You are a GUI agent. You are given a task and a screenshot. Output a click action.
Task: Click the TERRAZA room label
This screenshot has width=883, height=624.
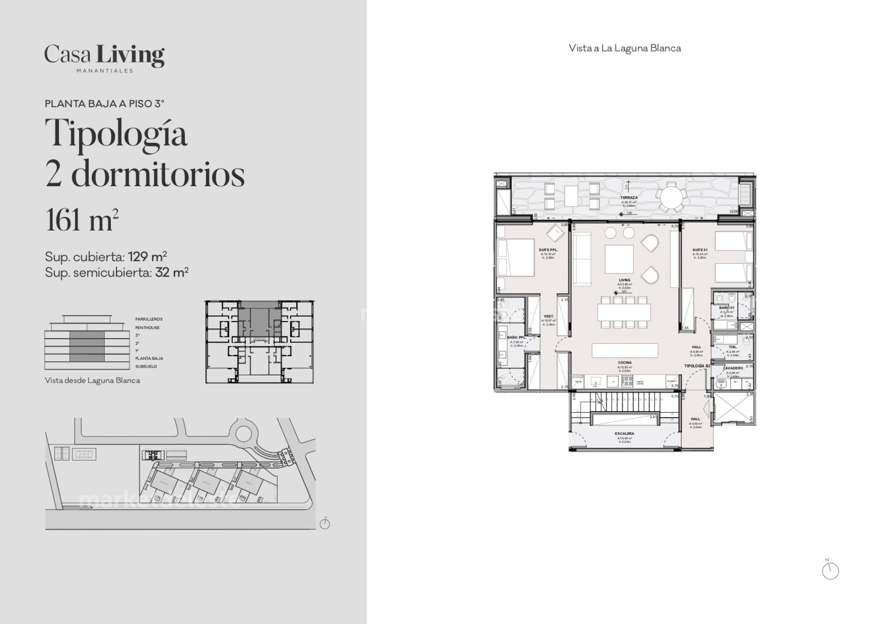click(x=629, y=198)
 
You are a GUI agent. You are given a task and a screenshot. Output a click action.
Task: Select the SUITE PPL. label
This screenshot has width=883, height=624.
click(x=548, y=250)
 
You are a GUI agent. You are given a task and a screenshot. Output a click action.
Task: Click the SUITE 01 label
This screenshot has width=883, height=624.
click(x=700, y=250)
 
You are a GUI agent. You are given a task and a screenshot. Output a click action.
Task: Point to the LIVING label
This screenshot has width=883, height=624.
click(x=625, y=280)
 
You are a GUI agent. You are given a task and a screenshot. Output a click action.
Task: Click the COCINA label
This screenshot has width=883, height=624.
click(x=625, y=363)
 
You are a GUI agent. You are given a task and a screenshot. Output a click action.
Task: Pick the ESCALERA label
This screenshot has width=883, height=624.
click(x=625, y=433)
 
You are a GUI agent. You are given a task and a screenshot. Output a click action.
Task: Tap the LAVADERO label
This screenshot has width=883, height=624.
click(x=733, y=368)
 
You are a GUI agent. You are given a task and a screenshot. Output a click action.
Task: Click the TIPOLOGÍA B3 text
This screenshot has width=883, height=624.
click(x=697, y=366)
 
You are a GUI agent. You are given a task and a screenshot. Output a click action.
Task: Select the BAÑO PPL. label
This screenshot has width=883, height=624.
click(x=516, y=337)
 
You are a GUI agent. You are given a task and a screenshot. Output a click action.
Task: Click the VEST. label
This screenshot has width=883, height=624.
click(x=549, y=316)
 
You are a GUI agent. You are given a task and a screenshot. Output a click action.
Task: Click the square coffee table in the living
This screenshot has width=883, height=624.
click(x=619, y=259)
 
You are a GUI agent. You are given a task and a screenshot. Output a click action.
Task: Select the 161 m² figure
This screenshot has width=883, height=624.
click(x=82, y=220)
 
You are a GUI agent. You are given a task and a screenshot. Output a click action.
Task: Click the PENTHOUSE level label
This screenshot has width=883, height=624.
click(x=147, y=328)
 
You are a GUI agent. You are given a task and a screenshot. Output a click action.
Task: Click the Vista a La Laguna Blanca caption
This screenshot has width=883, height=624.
click(x=625, y=48)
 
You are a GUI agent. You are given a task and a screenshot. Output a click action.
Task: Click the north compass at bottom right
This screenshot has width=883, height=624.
click(x=830, y=571)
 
